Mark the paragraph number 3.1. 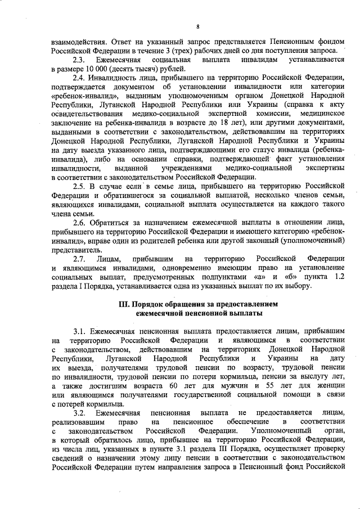click(79, 331)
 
